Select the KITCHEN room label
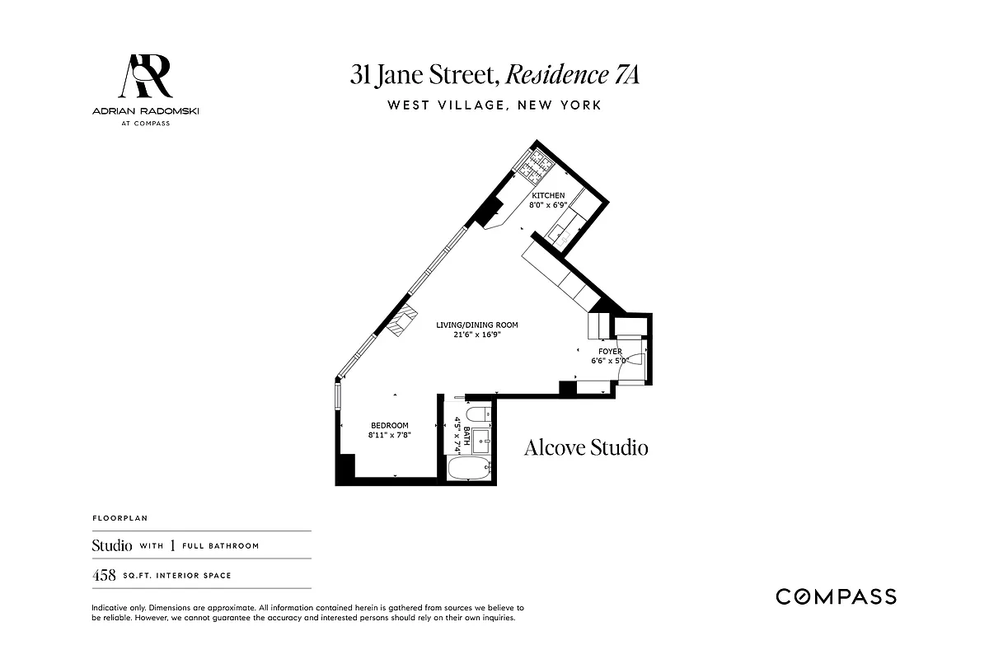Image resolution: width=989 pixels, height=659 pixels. (x=548, y=195)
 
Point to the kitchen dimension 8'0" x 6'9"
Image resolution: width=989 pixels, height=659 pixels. (x=548, y=204)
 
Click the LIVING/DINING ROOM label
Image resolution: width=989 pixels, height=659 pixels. (x=477, y=325)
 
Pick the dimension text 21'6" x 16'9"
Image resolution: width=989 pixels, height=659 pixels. (x=477, y=335)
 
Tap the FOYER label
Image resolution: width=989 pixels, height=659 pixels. (x=610, y=352)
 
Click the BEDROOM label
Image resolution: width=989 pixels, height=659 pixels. (x=389, y=426)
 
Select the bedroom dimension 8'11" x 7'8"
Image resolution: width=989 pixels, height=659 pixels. (x=389, y=435)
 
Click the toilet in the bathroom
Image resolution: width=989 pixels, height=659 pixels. (x=477, y=414)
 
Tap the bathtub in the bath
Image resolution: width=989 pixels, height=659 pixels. (x=468, y=470)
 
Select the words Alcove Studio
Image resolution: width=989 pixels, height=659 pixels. (x=586, y=447)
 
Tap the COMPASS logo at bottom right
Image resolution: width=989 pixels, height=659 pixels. (x=836, y=596)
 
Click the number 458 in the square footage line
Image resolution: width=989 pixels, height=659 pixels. (x=104, y=575)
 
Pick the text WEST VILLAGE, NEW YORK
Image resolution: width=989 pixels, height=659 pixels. (x=494, y=105)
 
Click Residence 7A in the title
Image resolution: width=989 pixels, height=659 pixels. (x=572, y=75)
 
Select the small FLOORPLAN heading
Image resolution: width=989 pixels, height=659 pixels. (x=115, y=519)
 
